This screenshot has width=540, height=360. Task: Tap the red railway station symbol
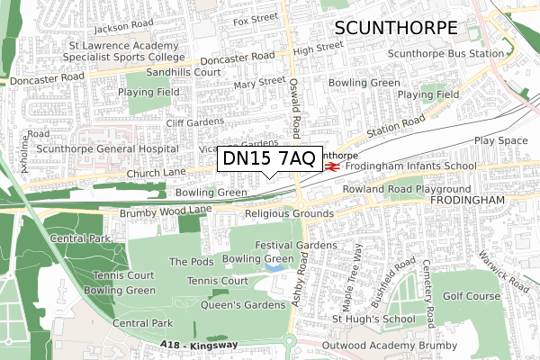click(x=332, y=166)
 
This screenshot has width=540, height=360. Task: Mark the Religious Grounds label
click(x=289, y=214)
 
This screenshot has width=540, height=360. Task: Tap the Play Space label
click(x=500, y=141)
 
